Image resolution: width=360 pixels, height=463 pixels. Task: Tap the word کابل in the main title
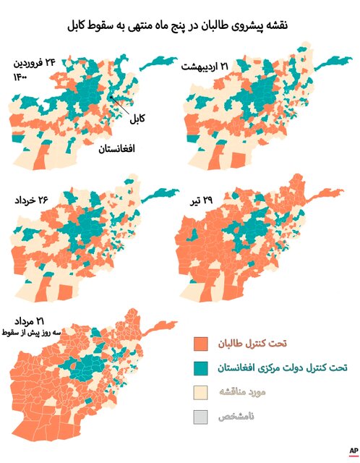click(80, 26)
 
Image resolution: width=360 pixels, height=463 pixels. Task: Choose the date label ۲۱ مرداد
click(30, 320)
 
